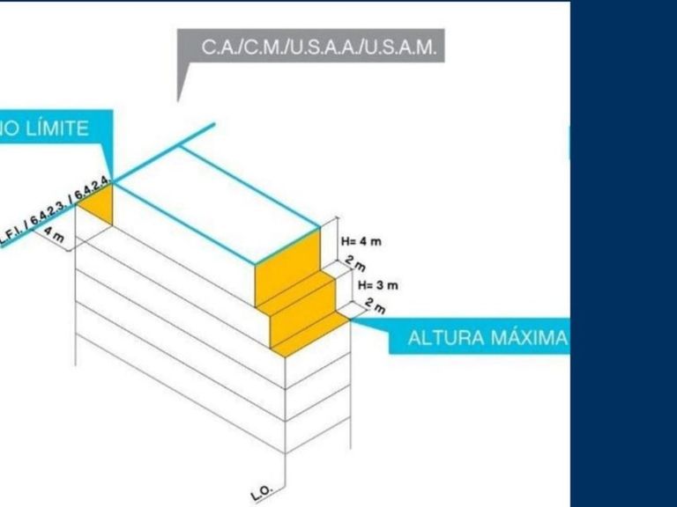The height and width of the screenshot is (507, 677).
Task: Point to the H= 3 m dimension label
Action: [378, 285]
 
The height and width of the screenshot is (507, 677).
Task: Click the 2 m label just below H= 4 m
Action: [355, 261]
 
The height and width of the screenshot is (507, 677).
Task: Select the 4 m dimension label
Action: [54, 236]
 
